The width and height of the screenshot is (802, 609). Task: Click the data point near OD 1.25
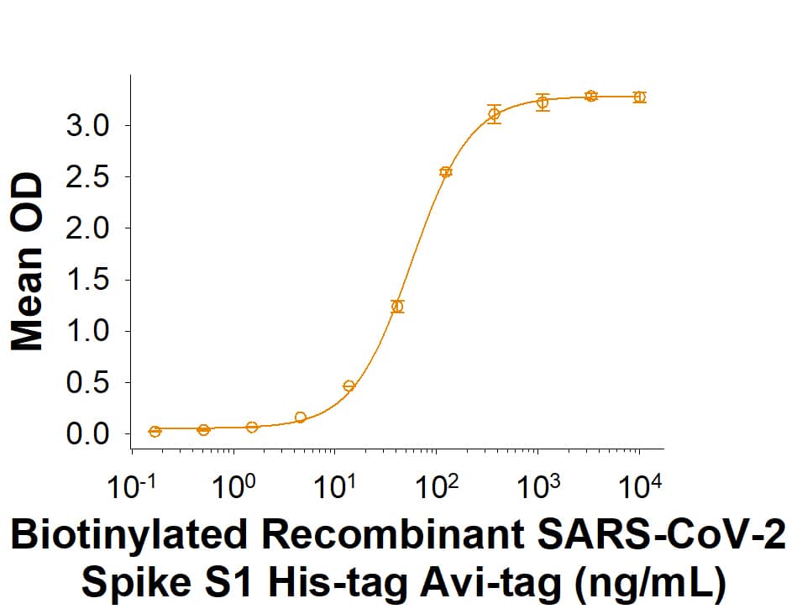pos(397,307)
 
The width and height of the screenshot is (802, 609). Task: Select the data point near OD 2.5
pos(446,172)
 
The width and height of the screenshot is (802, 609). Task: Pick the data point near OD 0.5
pos(349,386)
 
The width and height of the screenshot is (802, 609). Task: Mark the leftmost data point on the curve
pos(155,431)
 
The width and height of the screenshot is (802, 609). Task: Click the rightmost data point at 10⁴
pos(639,97)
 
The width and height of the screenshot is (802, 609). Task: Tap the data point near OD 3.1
pos(495,114)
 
